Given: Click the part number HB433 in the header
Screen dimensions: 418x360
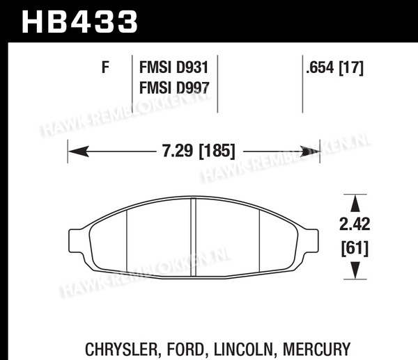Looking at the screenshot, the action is [x=79, y=22].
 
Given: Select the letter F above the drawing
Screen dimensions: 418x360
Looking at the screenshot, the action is [x=106, y=67].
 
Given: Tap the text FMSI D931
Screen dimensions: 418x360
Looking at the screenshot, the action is [x=173, y=67].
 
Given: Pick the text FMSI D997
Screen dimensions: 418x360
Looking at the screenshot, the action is [x=174, y=88].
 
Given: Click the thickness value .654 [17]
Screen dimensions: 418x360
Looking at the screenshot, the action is [x=334, y=67].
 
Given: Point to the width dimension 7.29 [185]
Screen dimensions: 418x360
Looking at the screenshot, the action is [x=199, y=151].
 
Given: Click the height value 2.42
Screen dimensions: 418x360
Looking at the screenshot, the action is [x=355, y=224].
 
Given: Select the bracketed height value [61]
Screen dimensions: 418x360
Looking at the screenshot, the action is [x=355, y=248].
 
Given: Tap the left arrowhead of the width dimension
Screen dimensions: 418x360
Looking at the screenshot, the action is [x=79, y=152].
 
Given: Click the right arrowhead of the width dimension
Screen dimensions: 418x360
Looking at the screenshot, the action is [x=309, y=152].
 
